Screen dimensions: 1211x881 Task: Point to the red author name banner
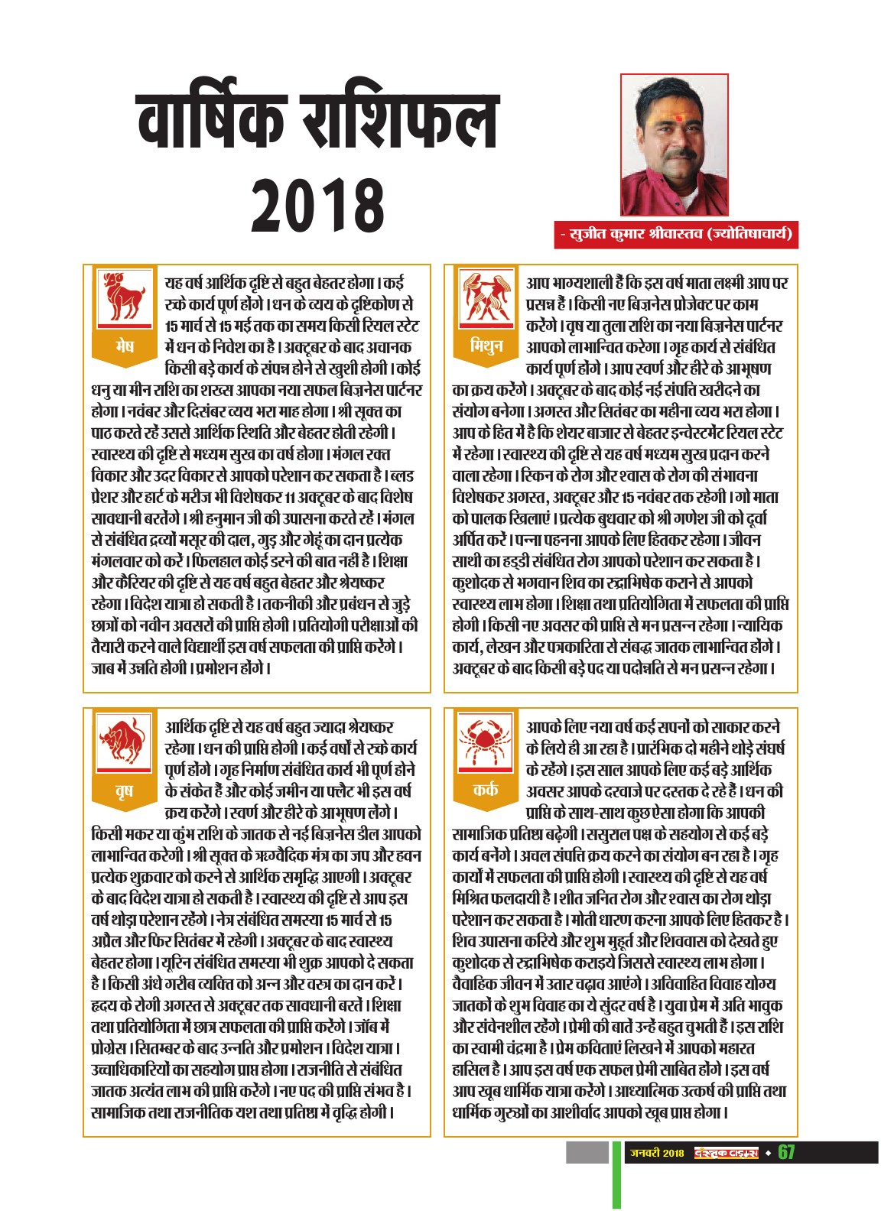tap(676, 234)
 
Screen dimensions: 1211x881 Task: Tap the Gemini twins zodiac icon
tap(485, 296)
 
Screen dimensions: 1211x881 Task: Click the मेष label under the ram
tap(123, 346)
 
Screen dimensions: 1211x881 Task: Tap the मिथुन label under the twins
tap(485, 346)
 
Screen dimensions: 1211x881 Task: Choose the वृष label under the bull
tap(123, 790)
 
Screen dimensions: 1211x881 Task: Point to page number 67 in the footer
tap(787, 1152)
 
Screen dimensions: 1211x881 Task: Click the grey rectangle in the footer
tap(587, 1152)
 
